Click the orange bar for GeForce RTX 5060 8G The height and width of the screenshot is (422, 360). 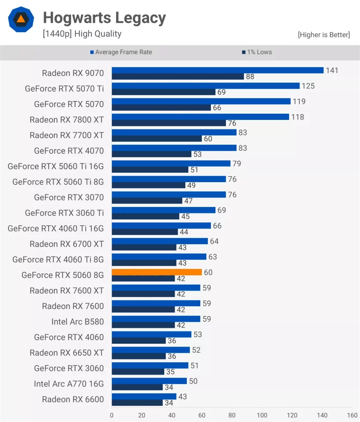(x=157, y=272)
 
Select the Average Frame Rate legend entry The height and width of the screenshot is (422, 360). (x=121, y=52)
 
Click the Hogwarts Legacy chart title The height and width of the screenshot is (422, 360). (x=104, y=18)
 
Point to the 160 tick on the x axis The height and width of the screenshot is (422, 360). (x=352, y=415)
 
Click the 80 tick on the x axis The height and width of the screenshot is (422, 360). (x=232, y=415)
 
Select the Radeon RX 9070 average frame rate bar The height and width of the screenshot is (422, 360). (x=217, y=70)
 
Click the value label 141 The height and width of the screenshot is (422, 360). (x=332, y=70)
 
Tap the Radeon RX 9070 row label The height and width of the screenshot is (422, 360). (x=73, y=73)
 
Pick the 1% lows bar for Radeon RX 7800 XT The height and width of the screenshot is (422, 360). (x=169, y=123)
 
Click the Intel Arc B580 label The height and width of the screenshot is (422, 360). (x=77, y=321)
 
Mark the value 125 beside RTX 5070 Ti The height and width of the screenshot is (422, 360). (x=308, y=86)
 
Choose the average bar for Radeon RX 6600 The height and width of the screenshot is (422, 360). (x=144, y=396)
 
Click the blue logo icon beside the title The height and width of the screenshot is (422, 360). (x=20, y=19)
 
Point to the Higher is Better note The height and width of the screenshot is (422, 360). (x=324, y=35)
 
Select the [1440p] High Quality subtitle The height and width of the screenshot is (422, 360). (x=82, y=34)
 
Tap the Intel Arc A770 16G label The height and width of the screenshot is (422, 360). (x=69, y=384)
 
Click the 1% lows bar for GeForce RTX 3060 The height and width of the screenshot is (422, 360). (x=138, y=372)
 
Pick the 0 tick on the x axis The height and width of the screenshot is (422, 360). (x=112, y=415)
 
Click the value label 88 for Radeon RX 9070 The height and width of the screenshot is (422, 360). (x=250, y=77)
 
